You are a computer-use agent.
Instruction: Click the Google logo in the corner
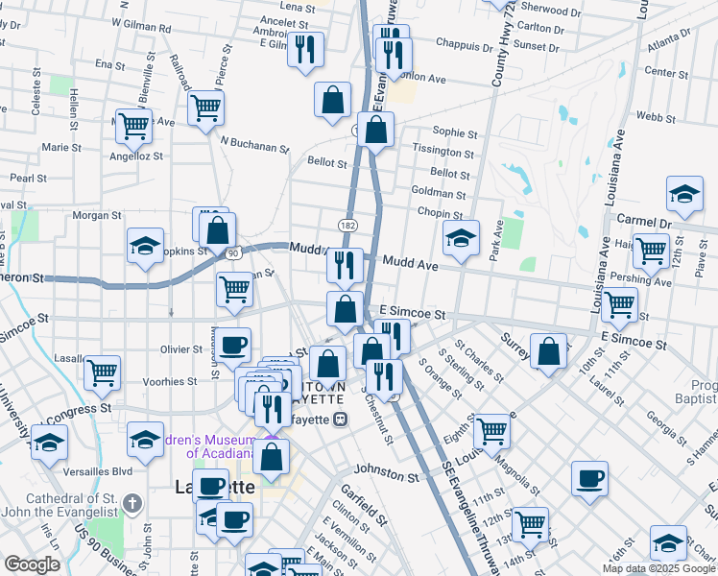pyautogui.click(x=32, y=564)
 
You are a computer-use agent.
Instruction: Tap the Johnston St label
pyautogui.click(x=386, y=473)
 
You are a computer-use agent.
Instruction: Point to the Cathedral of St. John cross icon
pyautogui.click(x=133, y=502)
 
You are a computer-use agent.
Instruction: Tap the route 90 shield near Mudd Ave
pyautogui.click(x=232, y=252)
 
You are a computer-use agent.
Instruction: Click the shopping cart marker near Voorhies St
pyautogui.click(x=102, y=372)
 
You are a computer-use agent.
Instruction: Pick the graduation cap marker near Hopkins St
pyautogui.click(x=145, y=244)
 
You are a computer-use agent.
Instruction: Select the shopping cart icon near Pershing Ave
pyautogui.click(x=652, y=252)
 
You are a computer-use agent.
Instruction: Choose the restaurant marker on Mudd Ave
pyautogui.click(x=345, y=264)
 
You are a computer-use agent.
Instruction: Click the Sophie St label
pyautogui.click(x=455, y=132)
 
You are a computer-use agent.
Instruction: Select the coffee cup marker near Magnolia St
pyautogui.click(x=589, y=478)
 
